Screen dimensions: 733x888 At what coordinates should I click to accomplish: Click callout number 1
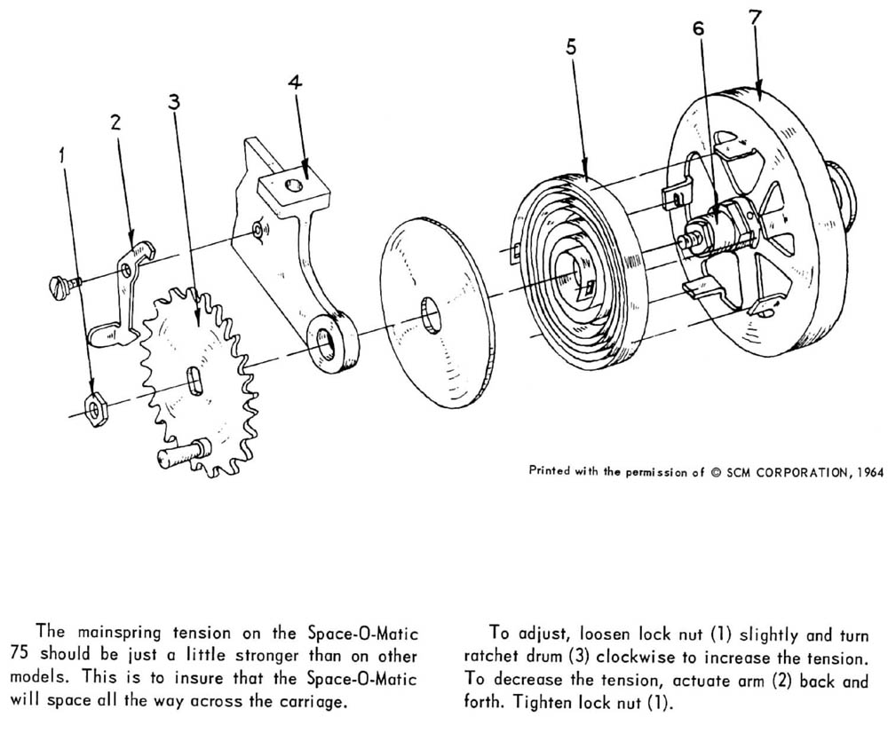pyautogui.click(x=61, y=155)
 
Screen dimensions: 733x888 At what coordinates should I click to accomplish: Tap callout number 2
pyautogui.click(x=115, y=122)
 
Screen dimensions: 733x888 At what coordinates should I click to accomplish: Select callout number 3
pyautogui.click(x=174, y=101)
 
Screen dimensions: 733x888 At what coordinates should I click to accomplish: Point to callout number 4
pyautogui.click(x=295, y=83)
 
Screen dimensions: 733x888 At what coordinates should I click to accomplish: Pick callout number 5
pyautogui.click(x=570, y=47)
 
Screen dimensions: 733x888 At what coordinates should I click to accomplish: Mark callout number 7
pyautogui.click(x=754, y=17)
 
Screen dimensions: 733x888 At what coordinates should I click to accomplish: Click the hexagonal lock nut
pyautogui.click(x=93, y=407)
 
